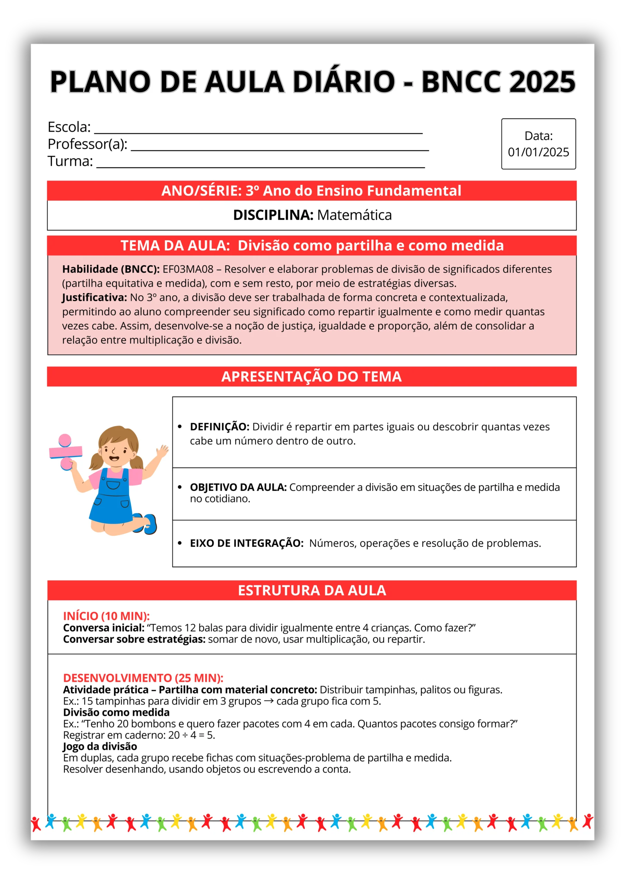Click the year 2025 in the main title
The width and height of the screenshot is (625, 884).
[x=542, y=81]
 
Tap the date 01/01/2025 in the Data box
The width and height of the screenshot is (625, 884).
[x=538, y=152]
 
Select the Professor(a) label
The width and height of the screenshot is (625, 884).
[x=87, y=144]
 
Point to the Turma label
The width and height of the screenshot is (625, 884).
[x=70, y=161]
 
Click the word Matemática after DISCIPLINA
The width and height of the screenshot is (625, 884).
[x=354, y=215]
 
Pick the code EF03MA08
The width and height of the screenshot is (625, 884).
[x=188, y=269]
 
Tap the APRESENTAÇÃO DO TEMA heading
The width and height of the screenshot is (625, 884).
[x=311, y=376]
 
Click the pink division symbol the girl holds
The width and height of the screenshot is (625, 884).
[x=66, y=452]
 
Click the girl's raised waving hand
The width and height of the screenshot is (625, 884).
[x=164, y=451]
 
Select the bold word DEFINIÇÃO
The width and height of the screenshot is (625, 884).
[x=220, y=426]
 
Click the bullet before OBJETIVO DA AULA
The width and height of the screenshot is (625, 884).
[x=180, y=487]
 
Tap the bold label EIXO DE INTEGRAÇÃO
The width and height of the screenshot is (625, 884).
[x=247, y=543]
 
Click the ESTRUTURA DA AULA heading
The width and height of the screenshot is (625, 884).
[x=311, y=590]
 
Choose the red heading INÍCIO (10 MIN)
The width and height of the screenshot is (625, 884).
[x=106, y=616]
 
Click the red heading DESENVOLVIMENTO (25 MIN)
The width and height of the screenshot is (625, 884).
[x=143, y=678]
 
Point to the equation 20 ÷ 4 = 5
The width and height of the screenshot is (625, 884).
[x=191, y=735]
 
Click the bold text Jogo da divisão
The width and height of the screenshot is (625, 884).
[x=100, y=746]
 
